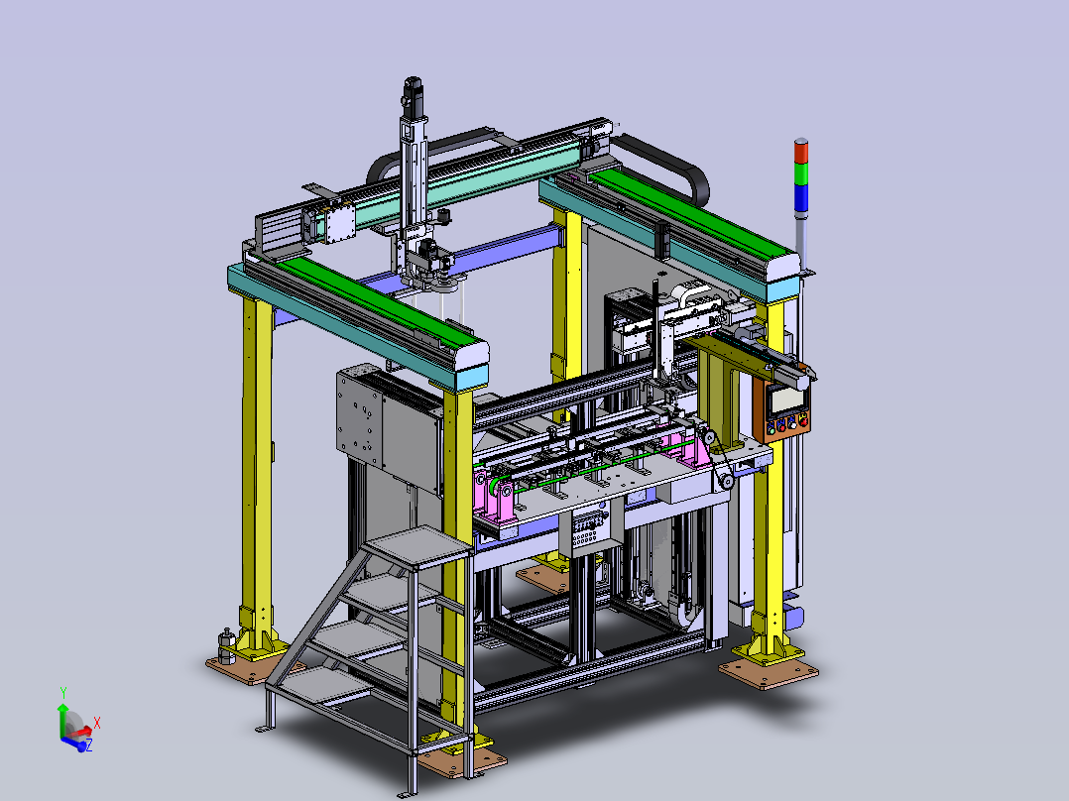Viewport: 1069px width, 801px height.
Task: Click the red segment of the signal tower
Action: (801, 152)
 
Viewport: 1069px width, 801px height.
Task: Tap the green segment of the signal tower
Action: (801, 173)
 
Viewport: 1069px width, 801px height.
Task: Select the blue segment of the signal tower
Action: (801, 197)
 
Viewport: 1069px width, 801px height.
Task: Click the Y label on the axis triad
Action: (63, 693)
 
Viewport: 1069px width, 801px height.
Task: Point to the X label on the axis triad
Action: (97, 724)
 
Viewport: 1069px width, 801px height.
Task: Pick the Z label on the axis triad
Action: (88, 745)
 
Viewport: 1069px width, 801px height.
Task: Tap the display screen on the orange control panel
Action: (785, 400)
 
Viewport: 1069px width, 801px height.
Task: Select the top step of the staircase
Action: (417, 546)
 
